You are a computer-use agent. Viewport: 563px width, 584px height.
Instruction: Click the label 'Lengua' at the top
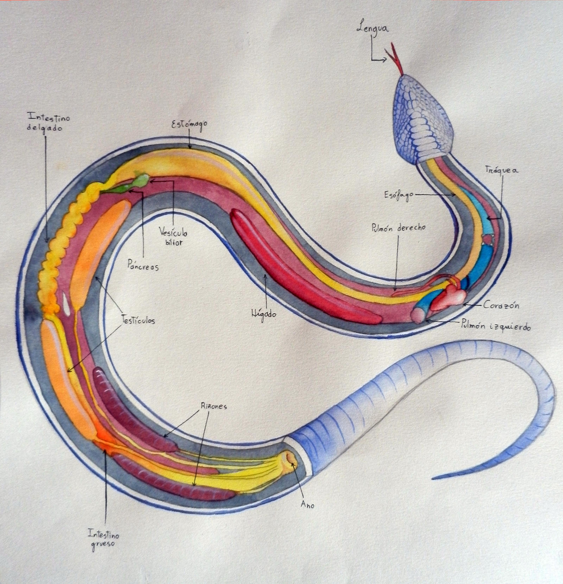(x=372, y=28)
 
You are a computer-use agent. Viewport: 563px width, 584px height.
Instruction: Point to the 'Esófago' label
(x=399, y=195)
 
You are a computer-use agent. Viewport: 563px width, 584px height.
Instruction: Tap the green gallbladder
(x=141, y=181)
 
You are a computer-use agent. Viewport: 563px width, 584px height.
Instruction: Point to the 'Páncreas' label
(x=143, y=266)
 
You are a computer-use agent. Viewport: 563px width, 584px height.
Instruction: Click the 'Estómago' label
(x=189, y=125)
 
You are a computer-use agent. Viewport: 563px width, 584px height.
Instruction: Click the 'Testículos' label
(x=138, y=320)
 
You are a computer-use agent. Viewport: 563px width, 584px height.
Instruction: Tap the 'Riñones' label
(x=214, y=406)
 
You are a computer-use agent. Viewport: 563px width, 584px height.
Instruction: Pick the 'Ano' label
(x=307, y=505)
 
